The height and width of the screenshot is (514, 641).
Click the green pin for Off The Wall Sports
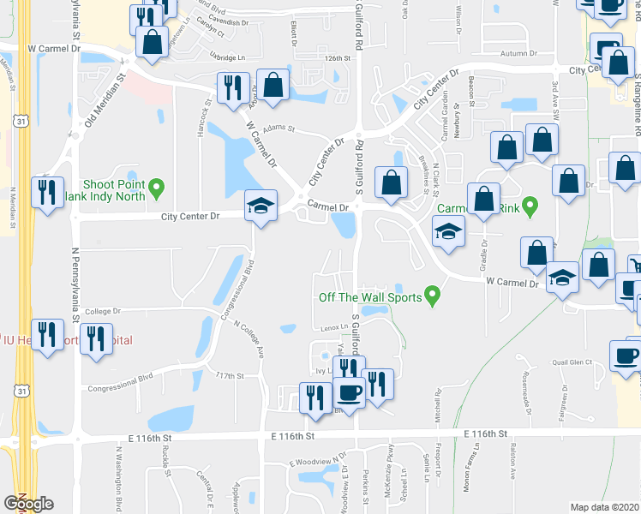click(433, 297)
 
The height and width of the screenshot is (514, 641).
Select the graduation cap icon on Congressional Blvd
click(261, 207)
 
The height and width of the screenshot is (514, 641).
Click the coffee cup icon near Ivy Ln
click(349, 392)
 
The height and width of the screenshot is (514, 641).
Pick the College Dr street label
click(105, 312)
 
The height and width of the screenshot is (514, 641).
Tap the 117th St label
click(230, 375)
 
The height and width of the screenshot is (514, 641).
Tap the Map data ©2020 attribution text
click(605, 507)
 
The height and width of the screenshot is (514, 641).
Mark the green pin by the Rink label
click(530, 206)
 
